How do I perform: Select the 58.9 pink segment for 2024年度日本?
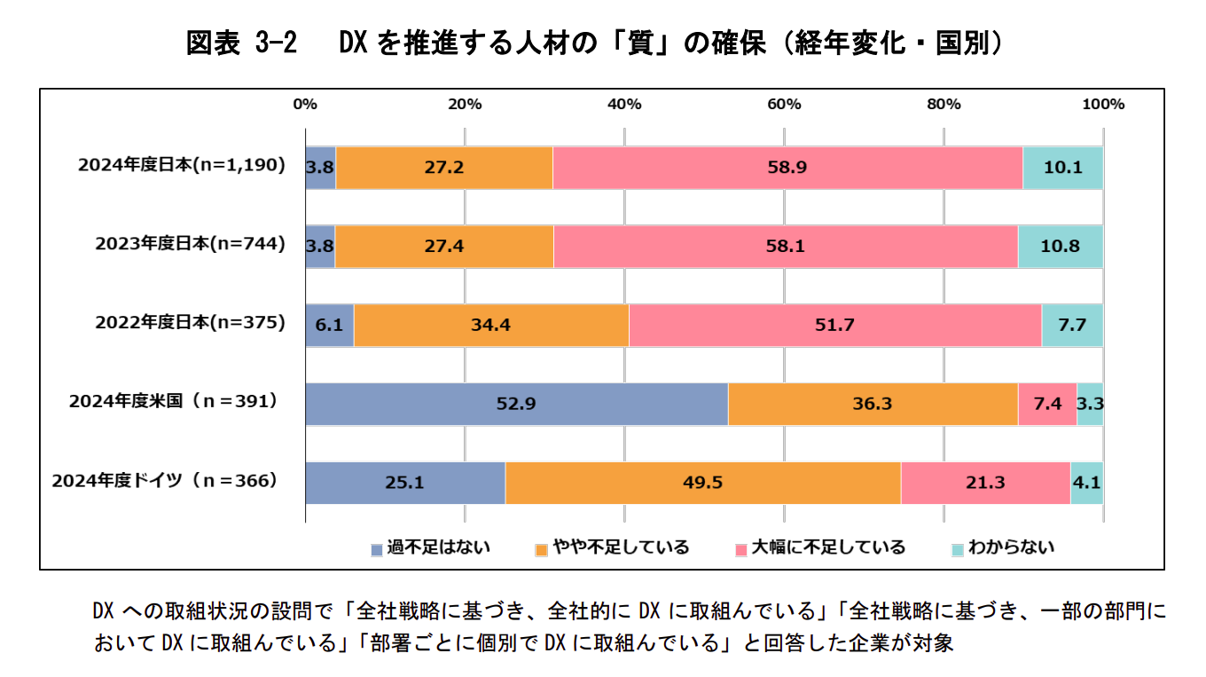click(x=787, y=167)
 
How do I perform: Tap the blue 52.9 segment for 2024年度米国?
click(x=516, y=404)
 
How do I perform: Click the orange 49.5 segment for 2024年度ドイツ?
click(x=702, y=483)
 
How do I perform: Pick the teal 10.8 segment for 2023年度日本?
click(x=1060, y=246)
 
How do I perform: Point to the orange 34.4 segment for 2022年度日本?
click(x=491, y=325)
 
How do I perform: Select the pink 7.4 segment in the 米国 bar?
click(x=1046, y=404)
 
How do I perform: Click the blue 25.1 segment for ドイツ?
click(x=405, y=483)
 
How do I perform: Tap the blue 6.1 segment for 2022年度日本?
click(x=329, y=325)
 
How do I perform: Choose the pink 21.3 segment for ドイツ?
click(x=985, y=483)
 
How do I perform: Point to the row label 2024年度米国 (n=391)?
click(x=174, y=402)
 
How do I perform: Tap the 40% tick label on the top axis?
click(x=624, y=104)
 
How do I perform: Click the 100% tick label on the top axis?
click(x=1103, y=104)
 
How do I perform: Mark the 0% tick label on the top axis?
click(x=305, y=104)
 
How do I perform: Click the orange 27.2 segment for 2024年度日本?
click(x=444, y=167)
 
